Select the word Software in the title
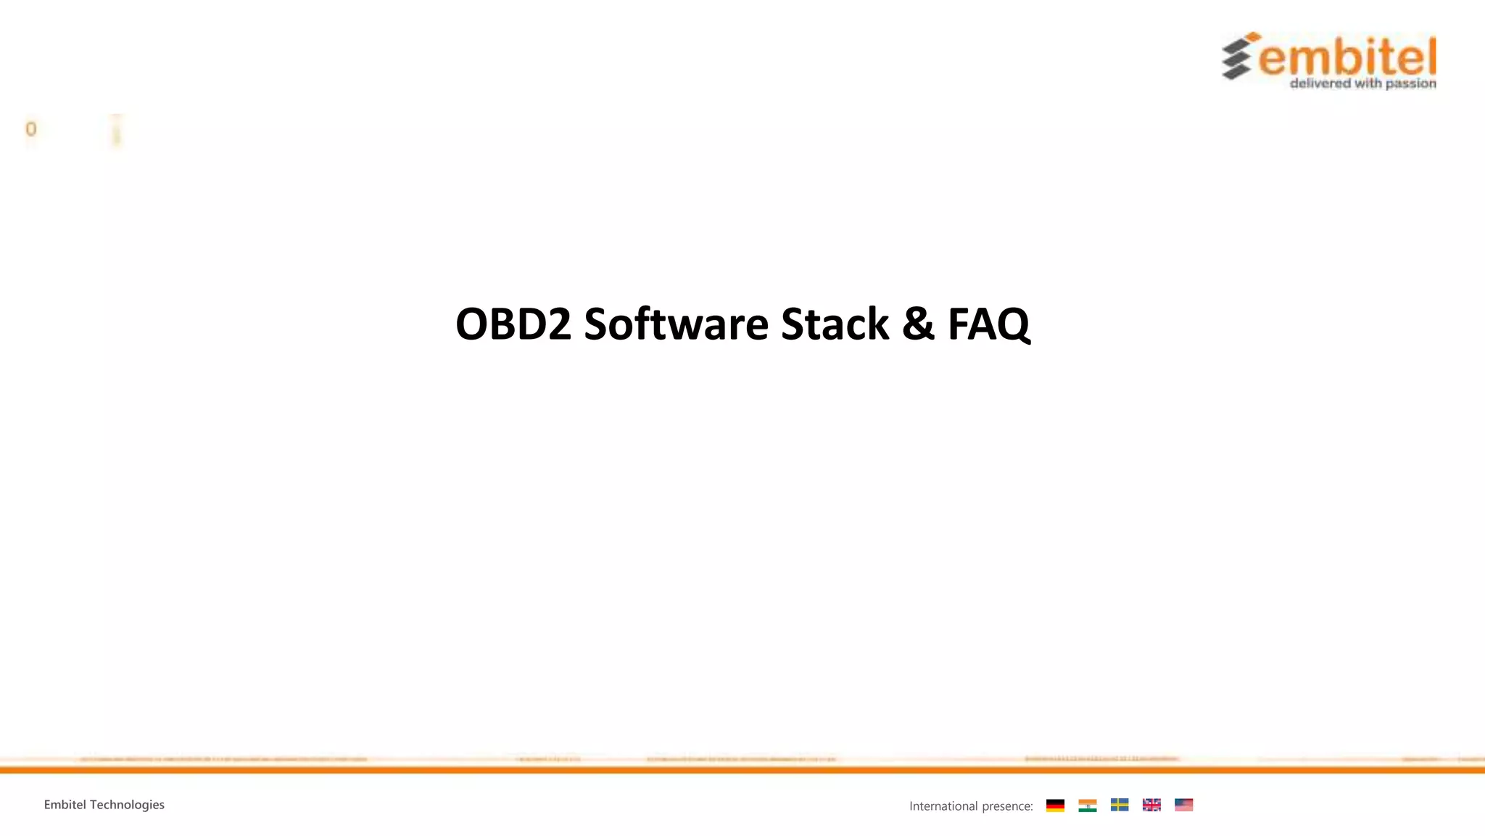pyautogui.click(x=676, y=324)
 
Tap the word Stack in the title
pyautogui.click(x=835, y=324)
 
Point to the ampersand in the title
pyautogui.click(x=918, y=324)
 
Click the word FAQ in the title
pyautogui.click(x=988, y=324)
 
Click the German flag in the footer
pyautogui.click(x=1055, y=805)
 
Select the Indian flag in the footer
pyautogui.click(x=1087, y=805)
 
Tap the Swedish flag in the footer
pyautogui.click(x=1119, y=805)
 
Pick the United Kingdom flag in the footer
pyautogui.click(x=1151, y=805)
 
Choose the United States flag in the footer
pyautogui.click(x=1183, y=805)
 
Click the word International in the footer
pyautogui.click(x=943, y=806)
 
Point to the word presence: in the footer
pyautogui.click(x=1007, y=806)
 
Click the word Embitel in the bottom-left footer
pyautogui.click(x=65, y=805)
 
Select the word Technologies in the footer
pyautogui.click(x=127, y=805)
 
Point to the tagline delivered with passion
pyautogui.click(x=1362, y=83)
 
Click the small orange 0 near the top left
pyautogui.click(x=30, y=129)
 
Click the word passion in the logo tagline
pyautogui.click(x=1410, y=84)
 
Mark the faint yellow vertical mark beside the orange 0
pyautogui.click(x=116, y=131)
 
